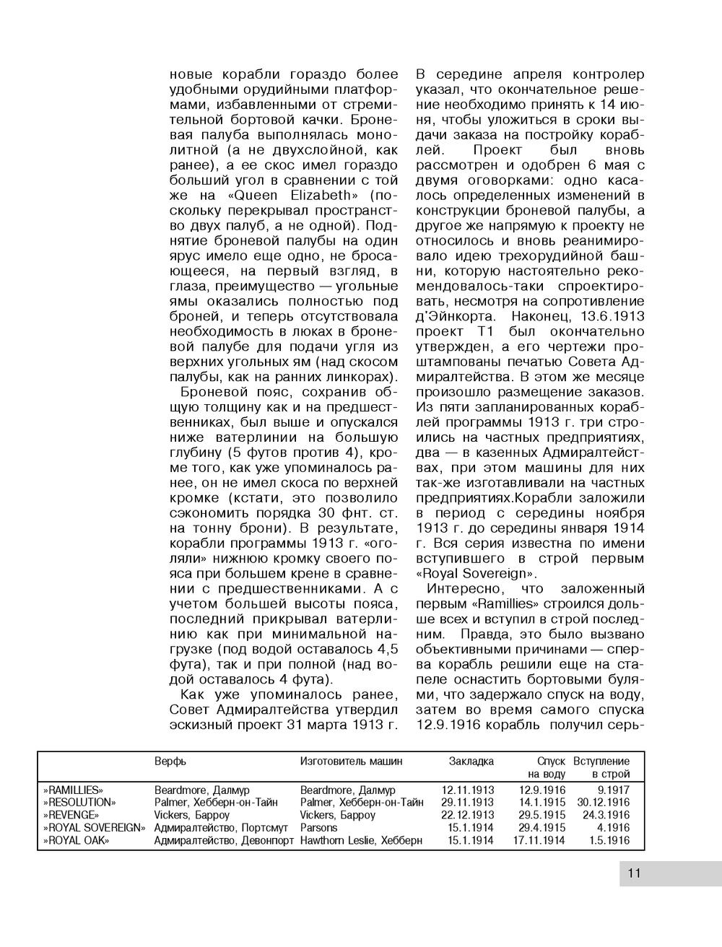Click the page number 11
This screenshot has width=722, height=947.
pos(635,873)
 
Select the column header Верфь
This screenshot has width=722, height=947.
pos(170,761)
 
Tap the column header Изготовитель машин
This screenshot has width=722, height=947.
pos(352,761)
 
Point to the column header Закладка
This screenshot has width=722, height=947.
pos(471,761)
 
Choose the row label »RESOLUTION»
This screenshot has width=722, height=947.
pos(79,803)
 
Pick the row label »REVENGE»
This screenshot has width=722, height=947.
pos(71,815)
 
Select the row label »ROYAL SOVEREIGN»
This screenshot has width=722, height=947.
pos(94,828)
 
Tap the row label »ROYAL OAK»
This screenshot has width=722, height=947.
pos(76,840)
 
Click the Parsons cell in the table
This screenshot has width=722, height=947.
pos(319,828)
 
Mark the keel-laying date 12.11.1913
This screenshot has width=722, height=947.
pos(468,790)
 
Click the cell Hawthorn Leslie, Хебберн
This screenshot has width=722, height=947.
pos(361,840)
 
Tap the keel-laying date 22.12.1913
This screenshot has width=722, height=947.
pos(468,815)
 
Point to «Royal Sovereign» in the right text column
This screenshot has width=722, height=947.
pos(477,574)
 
